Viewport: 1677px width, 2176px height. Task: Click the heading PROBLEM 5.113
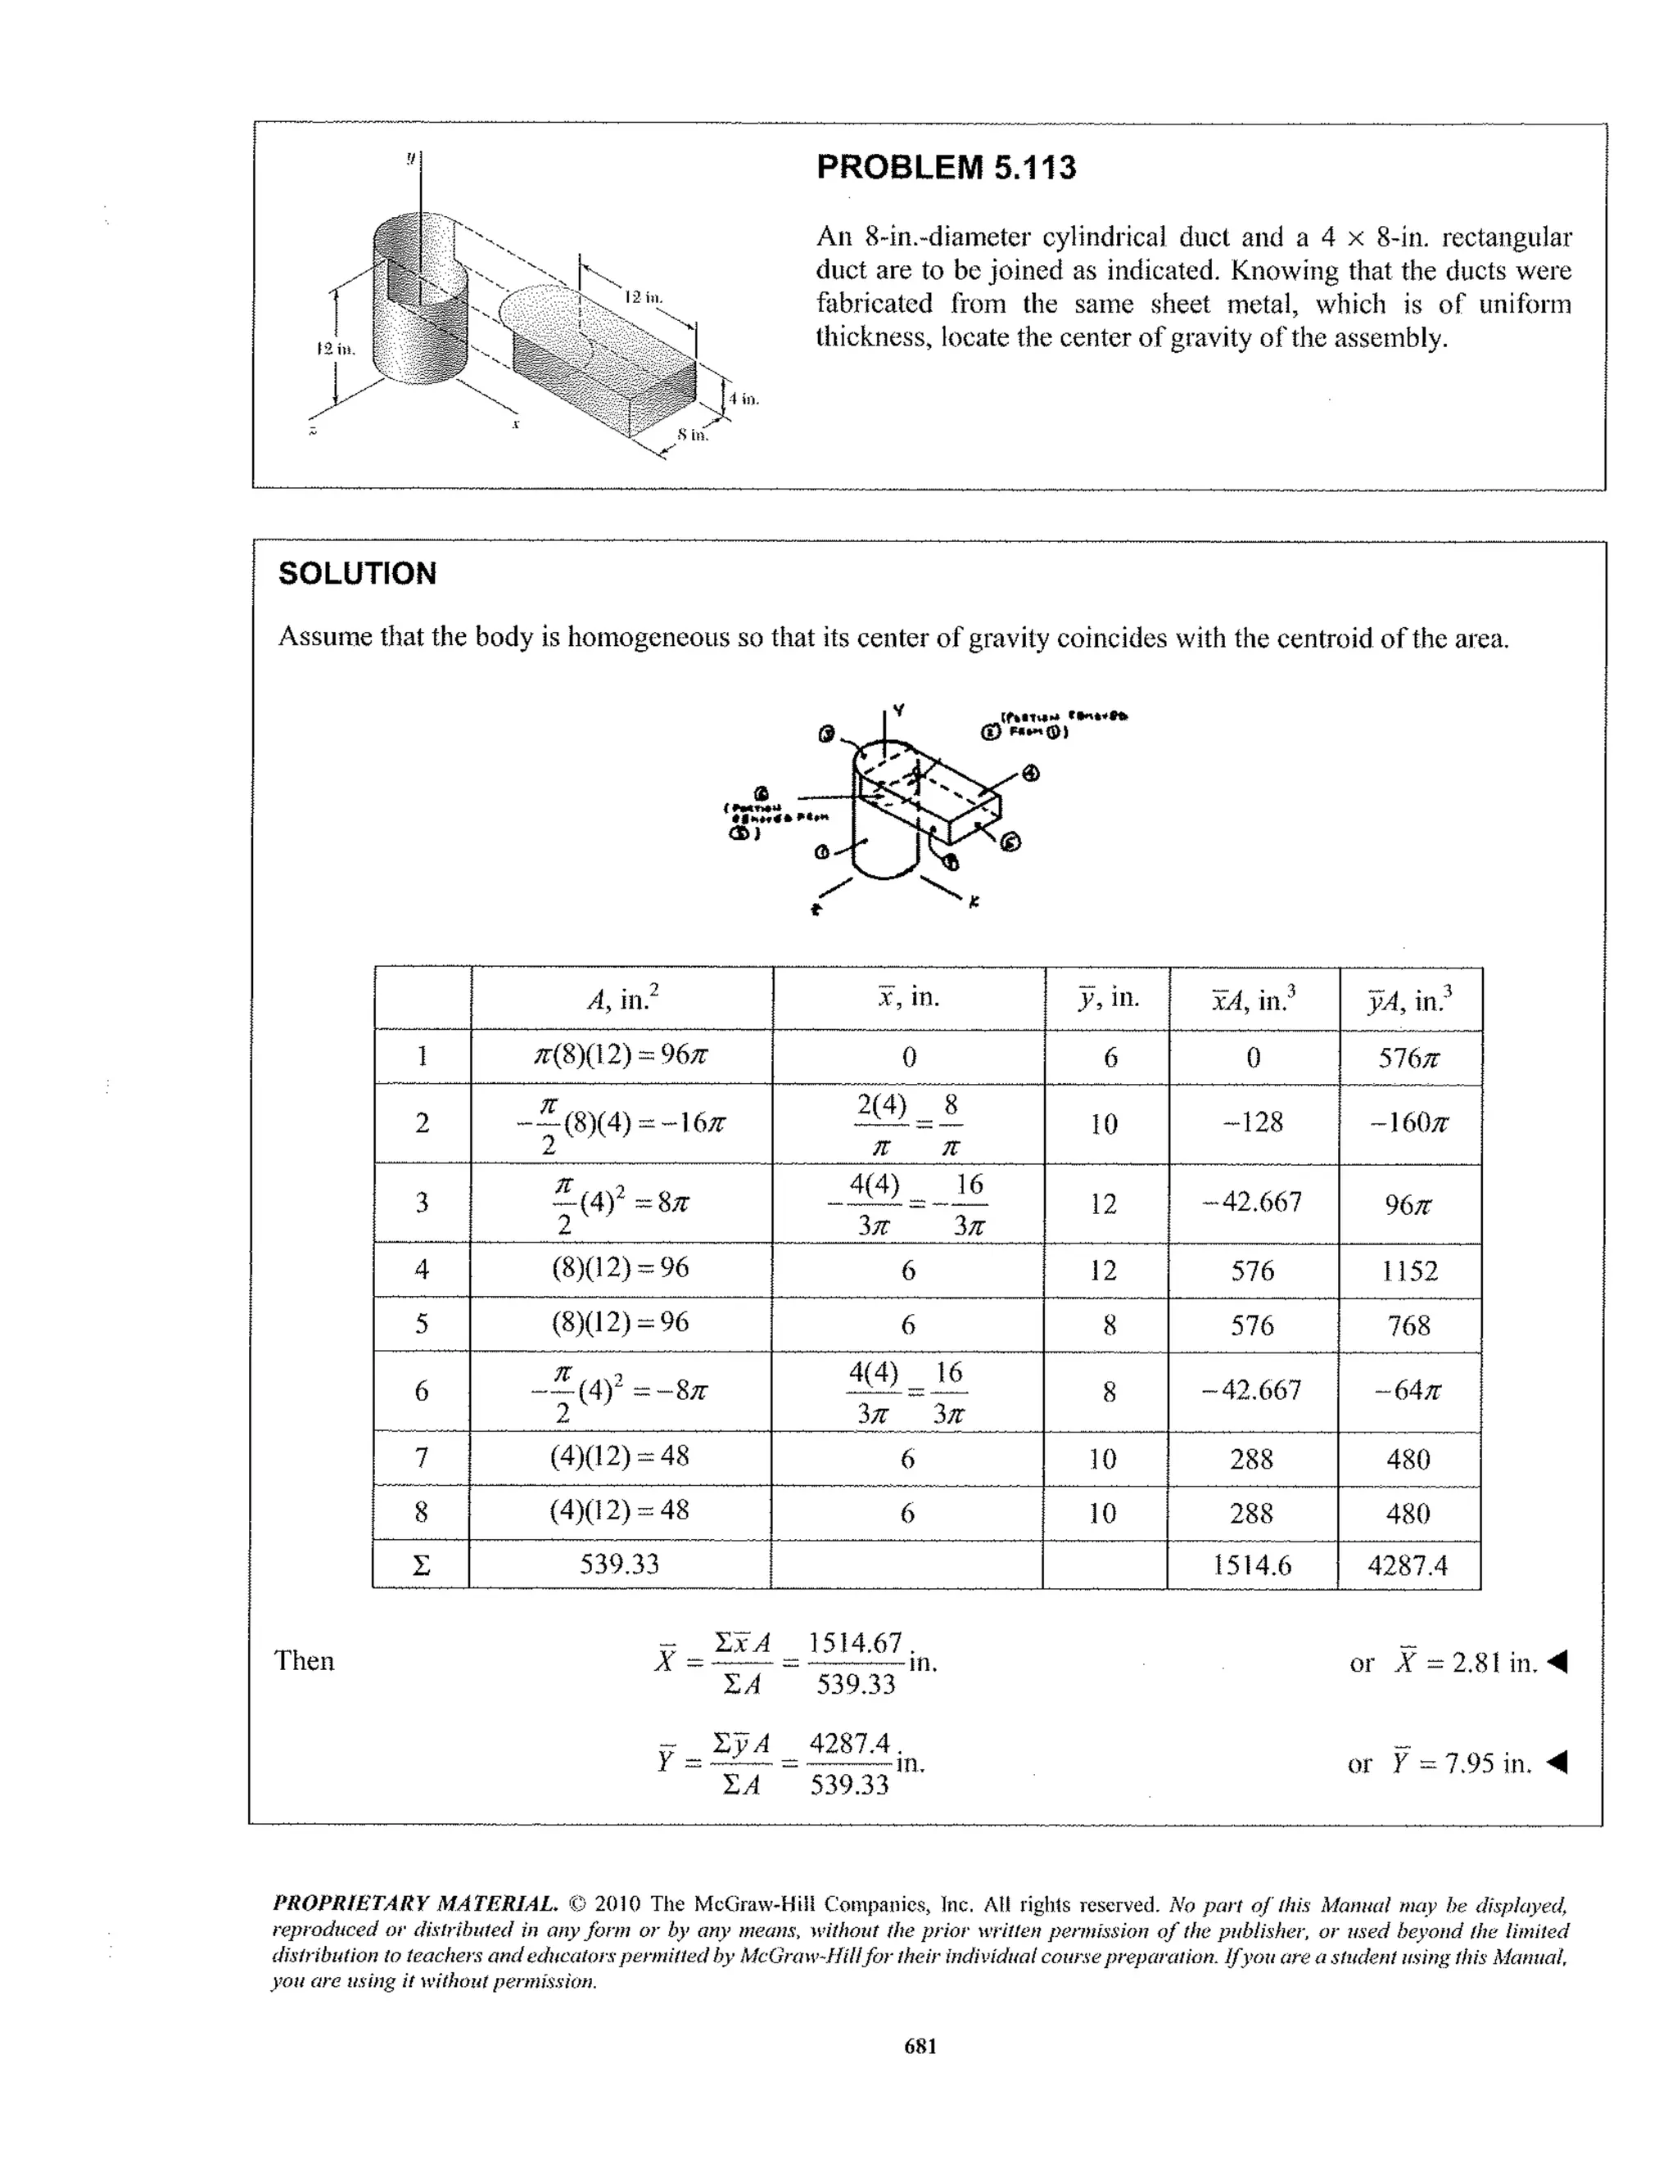coord(946,167)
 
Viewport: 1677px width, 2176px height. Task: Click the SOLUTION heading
coord(357,574)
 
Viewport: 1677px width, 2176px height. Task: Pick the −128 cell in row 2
coord(1253,1123)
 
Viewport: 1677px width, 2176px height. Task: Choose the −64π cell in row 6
coord(1408,1390)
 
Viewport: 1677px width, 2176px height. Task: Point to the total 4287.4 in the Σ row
coord(1407,1565)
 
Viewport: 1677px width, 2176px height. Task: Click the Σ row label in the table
coord(421,1565)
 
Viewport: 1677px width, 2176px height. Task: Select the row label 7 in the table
coord(422,1458)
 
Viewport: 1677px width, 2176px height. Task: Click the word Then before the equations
coord(304,1661)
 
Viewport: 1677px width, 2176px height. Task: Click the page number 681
coord(920,2047)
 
